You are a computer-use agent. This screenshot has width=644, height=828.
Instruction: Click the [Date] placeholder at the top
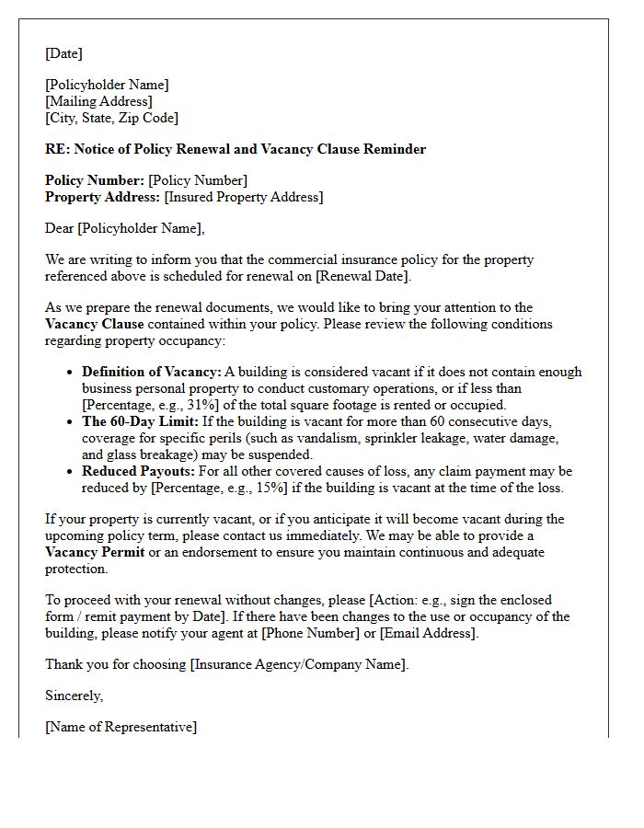(x=63, y=53)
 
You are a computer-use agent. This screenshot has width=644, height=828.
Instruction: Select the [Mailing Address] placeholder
(x=98, y=101)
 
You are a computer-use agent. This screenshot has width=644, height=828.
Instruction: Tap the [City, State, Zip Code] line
(x=111, y=118)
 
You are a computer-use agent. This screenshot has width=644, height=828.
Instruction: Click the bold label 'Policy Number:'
(x=95, y=180)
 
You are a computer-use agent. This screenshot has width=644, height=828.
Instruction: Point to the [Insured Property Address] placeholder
(x=243, y=197)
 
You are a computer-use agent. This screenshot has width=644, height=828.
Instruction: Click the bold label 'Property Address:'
(x=102, y=197)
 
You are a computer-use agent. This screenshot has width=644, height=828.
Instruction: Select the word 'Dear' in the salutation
(x=60, y=228)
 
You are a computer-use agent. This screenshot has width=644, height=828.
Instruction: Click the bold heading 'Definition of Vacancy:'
(x=152, y=372)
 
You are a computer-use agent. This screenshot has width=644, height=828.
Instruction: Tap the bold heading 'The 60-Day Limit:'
(x=139, y=421)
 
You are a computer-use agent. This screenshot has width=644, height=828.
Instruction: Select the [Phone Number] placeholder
(x=306, y=633)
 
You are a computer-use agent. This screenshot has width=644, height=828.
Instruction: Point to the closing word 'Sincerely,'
(x=75, y=696)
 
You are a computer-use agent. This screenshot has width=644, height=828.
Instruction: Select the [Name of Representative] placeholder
(x=121, y=727)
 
